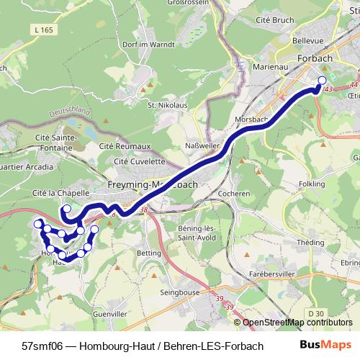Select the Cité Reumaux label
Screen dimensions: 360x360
[125, 145]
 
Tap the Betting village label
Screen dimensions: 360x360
[148, 253]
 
